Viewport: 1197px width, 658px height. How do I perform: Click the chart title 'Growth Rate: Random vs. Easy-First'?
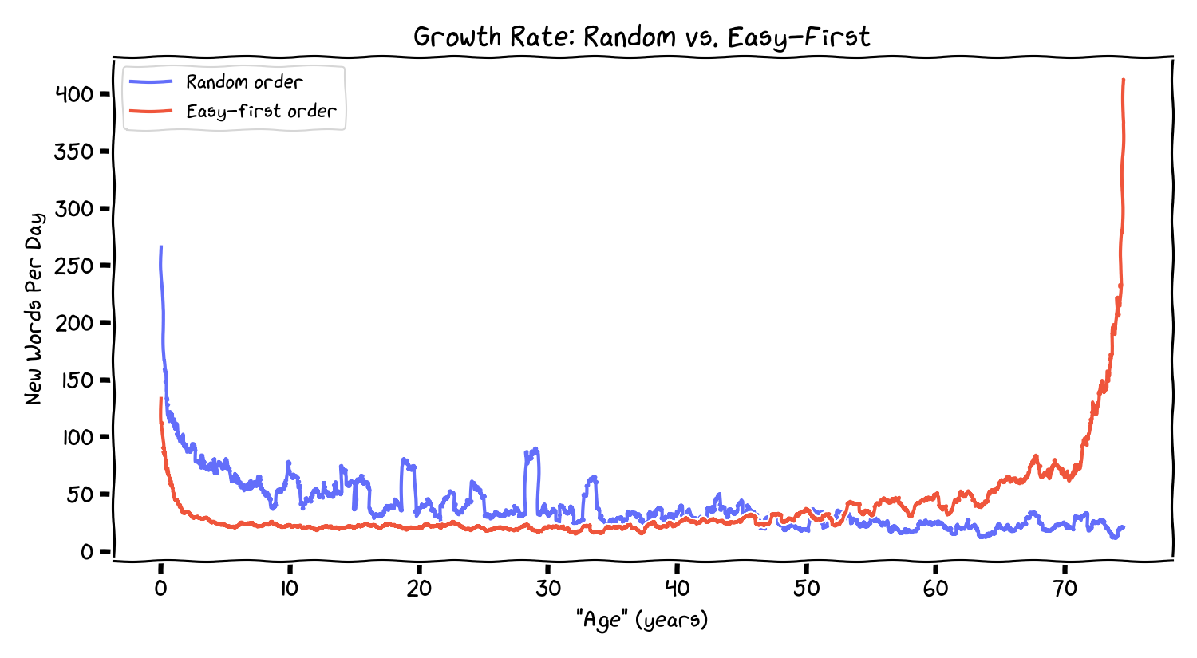[x=642, y=37]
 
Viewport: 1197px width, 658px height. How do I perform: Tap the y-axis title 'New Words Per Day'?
[x=34, y=309]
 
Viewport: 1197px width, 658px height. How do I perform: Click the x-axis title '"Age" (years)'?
[x=642, y=620]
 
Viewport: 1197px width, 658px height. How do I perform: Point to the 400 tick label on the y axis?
[x=74, y=94]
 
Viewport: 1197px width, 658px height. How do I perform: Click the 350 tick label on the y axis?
[x=74, y=152]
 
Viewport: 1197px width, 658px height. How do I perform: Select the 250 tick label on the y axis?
[x=74, y=266]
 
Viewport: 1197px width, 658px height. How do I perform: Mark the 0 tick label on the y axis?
[x=86, y=552]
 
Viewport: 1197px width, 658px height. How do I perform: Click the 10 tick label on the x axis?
[x=290, y=589]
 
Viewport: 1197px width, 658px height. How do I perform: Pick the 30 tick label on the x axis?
[x=548, y=589]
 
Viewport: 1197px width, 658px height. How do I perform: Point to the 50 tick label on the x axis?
[x=807, y=589]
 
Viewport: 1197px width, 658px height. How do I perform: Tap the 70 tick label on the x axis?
[x=1065, y=589]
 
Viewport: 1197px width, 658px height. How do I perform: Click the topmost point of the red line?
[x=1124, y=80]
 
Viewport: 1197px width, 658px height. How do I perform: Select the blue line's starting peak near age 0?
[x=161, y=247]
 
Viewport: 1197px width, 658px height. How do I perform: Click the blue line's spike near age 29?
[x=535, y=449]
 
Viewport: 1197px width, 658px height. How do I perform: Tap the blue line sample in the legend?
[x=150, y=82]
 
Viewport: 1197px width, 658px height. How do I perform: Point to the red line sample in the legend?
[x=150, y=112]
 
